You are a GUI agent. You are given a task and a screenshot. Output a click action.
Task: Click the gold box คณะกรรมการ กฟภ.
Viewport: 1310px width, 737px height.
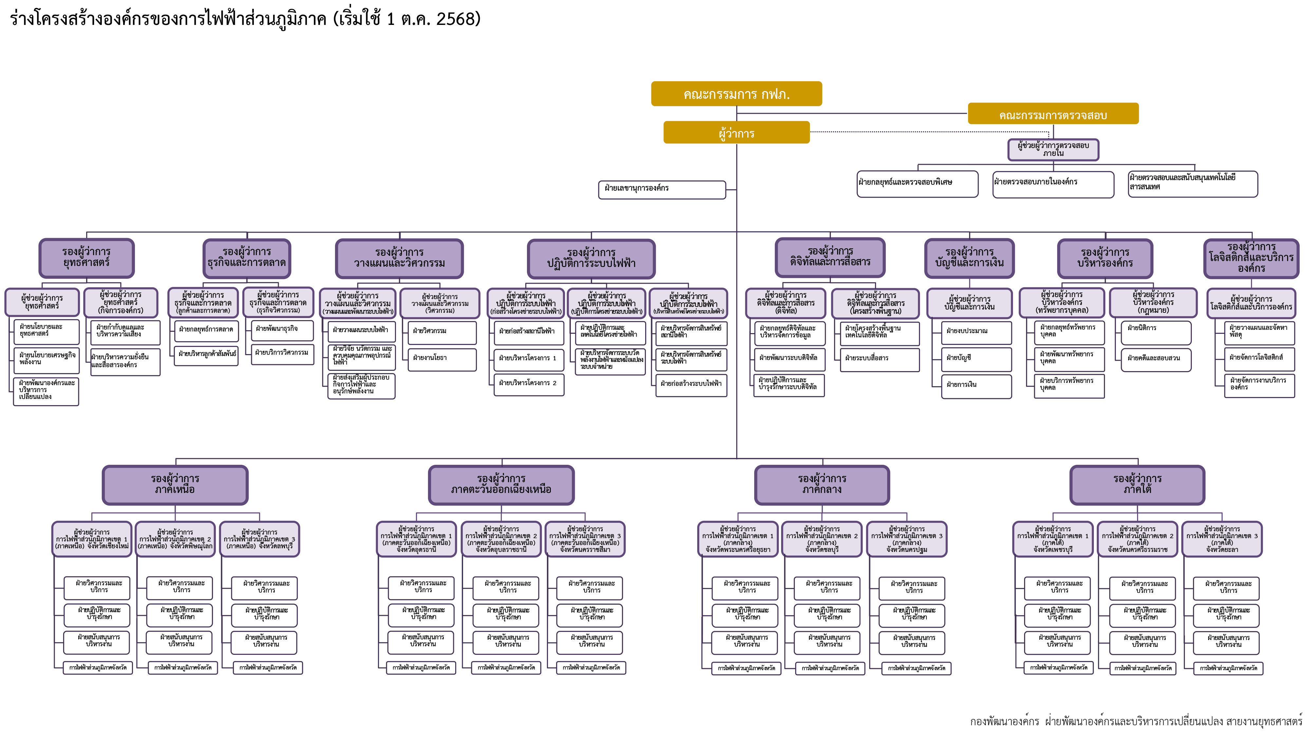736,94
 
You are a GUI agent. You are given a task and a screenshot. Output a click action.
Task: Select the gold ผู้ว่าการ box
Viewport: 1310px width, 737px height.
736,133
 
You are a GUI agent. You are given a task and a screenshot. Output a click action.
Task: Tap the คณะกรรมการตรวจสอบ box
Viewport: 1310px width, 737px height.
1053,114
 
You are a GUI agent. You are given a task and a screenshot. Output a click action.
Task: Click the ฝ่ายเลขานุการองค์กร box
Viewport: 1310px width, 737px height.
662,189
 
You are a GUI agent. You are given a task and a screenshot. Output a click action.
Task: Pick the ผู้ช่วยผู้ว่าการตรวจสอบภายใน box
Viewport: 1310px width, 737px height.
1053,150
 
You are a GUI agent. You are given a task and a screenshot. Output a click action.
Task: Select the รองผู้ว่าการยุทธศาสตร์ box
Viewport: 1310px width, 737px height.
86,258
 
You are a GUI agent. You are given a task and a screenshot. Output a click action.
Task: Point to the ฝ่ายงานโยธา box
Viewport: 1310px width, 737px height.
441,359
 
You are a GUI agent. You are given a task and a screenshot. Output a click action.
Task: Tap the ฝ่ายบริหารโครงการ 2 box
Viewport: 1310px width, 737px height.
528,384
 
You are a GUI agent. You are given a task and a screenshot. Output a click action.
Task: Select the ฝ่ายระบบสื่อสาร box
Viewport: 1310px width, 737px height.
879,359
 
